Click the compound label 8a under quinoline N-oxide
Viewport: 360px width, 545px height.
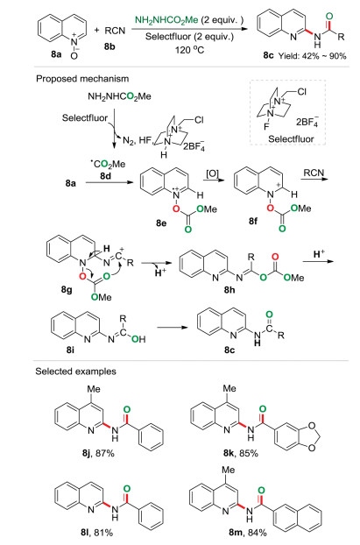(x=56, y=54)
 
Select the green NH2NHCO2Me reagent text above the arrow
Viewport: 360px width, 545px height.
(x=166, y=20)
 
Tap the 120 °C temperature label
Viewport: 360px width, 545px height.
(x=189, y=50)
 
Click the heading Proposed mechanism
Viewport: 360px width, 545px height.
(x=82, y=79)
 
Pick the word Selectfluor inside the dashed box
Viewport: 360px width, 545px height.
(x=291, y=138)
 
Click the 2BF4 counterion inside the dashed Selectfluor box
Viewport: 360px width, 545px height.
(x=307, y=122)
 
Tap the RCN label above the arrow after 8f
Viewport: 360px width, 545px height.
(x=314, y=173)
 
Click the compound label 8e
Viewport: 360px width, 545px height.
(x=161, y=223)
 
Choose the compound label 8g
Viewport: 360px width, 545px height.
(x=67, y=289)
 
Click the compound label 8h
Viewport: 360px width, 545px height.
(x=229, y=289)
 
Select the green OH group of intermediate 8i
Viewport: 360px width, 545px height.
(x=138, y=338)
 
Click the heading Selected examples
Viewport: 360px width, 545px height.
(x=75, y=372)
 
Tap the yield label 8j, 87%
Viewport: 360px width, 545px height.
(x=98, y=453)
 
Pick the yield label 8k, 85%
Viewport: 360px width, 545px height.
(x=241, y=453)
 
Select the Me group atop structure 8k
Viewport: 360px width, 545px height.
(x=229, y=388)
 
